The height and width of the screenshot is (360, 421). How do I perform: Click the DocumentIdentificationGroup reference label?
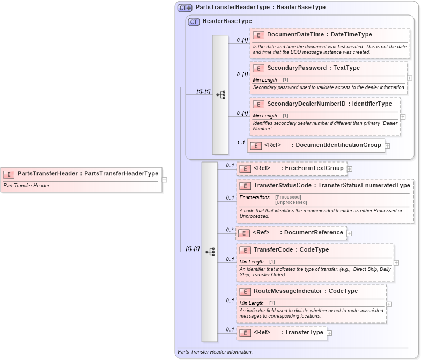(338, 145)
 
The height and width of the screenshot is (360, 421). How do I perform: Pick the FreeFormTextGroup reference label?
(314, 168)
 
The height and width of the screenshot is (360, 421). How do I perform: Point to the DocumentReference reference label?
(313, 233)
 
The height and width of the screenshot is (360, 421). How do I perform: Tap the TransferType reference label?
(304, 333)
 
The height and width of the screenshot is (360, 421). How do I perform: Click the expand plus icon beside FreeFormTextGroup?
(350, 168)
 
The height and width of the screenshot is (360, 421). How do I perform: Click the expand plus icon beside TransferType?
(329, 333)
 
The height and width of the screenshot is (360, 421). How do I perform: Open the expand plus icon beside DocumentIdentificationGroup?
(387, 145)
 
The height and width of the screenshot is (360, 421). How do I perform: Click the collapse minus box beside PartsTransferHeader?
(165, 180)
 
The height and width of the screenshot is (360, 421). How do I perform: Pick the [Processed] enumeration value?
(288, 197)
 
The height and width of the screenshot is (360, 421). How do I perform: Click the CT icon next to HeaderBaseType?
(194, 21)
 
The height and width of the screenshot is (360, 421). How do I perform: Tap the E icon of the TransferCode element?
(245, 250)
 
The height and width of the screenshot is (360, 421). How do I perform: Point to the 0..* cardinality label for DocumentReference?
(230, 230)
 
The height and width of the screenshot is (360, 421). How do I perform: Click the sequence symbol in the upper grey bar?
(220, 94)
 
